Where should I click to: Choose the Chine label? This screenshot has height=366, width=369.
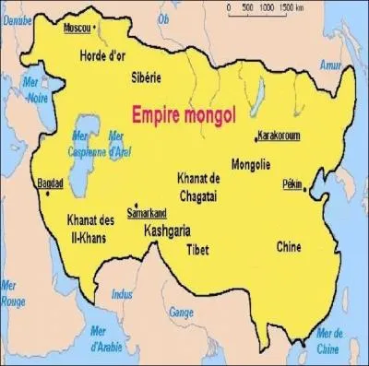[289, 246]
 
